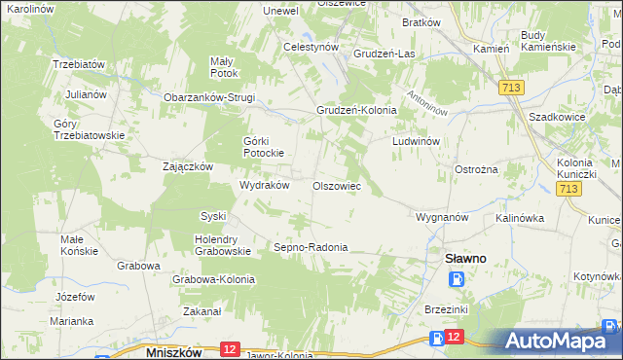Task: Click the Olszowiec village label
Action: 337,185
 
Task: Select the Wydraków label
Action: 265,185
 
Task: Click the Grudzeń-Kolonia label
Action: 356,110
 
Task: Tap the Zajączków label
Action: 188,166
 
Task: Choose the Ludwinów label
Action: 418,141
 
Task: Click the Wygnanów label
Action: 443,216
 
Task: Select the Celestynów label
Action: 311,46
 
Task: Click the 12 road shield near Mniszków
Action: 231,348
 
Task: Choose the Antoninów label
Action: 427,101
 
